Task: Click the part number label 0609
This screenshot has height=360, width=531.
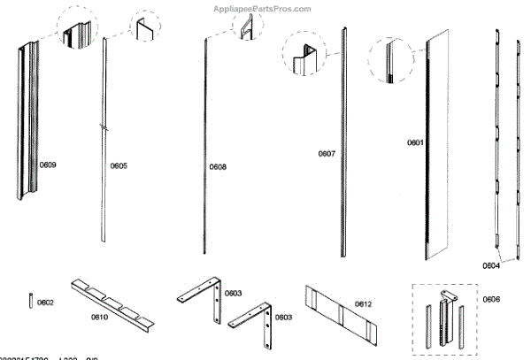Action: (48, 165)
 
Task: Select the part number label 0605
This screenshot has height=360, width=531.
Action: (119, 165)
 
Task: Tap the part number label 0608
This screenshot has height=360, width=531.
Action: (218, 166)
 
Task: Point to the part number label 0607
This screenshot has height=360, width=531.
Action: (327, 154)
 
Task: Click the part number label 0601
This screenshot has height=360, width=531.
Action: (415, 142)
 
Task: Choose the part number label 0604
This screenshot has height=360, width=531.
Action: (491, 264)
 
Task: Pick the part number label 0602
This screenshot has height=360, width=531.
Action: (45, 303)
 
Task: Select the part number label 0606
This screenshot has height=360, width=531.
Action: (491, 300)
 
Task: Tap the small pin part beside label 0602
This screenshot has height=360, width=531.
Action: (31, 301)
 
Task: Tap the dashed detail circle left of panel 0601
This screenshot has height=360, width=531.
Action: (390, 61)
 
